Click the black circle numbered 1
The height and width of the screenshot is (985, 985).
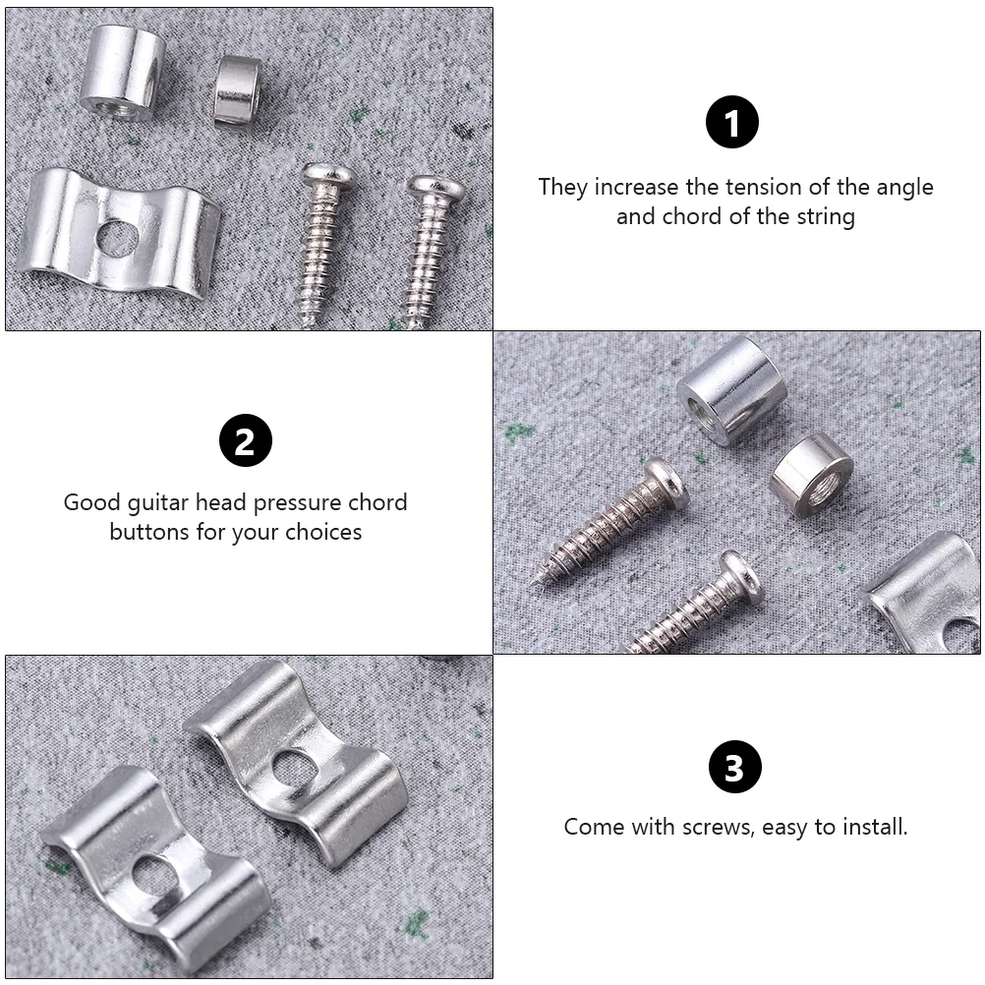click(731, 122)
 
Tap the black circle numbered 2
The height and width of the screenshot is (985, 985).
click(246, 439)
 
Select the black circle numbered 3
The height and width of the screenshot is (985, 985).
click(735, 767)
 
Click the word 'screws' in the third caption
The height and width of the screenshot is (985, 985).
click(718, 828)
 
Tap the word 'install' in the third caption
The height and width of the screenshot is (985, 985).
click(875, 826)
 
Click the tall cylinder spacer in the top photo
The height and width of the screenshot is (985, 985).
click(123, 73)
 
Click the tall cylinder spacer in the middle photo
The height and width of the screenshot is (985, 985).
click(732, 389)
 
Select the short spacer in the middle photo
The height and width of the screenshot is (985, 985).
click(812, 475)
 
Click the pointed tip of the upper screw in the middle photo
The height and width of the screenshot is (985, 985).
click(533, 584)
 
